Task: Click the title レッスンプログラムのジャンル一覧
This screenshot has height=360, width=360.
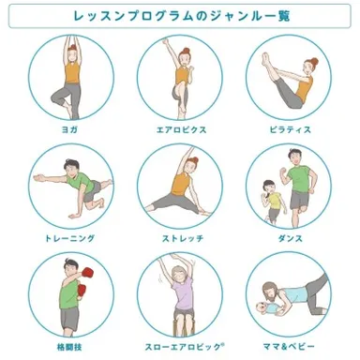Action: (x=180, y=17)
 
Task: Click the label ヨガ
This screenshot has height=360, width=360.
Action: (x=69, y=128)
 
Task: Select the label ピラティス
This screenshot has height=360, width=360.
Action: (x=288, y=128)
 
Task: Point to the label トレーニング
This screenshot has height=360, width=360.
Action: (x=69, y=238)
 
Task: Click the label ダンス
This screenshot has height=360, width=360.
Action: (x=288, y=238)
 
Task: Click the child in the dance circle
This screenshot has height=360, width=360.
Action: (x=271, y=198)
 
